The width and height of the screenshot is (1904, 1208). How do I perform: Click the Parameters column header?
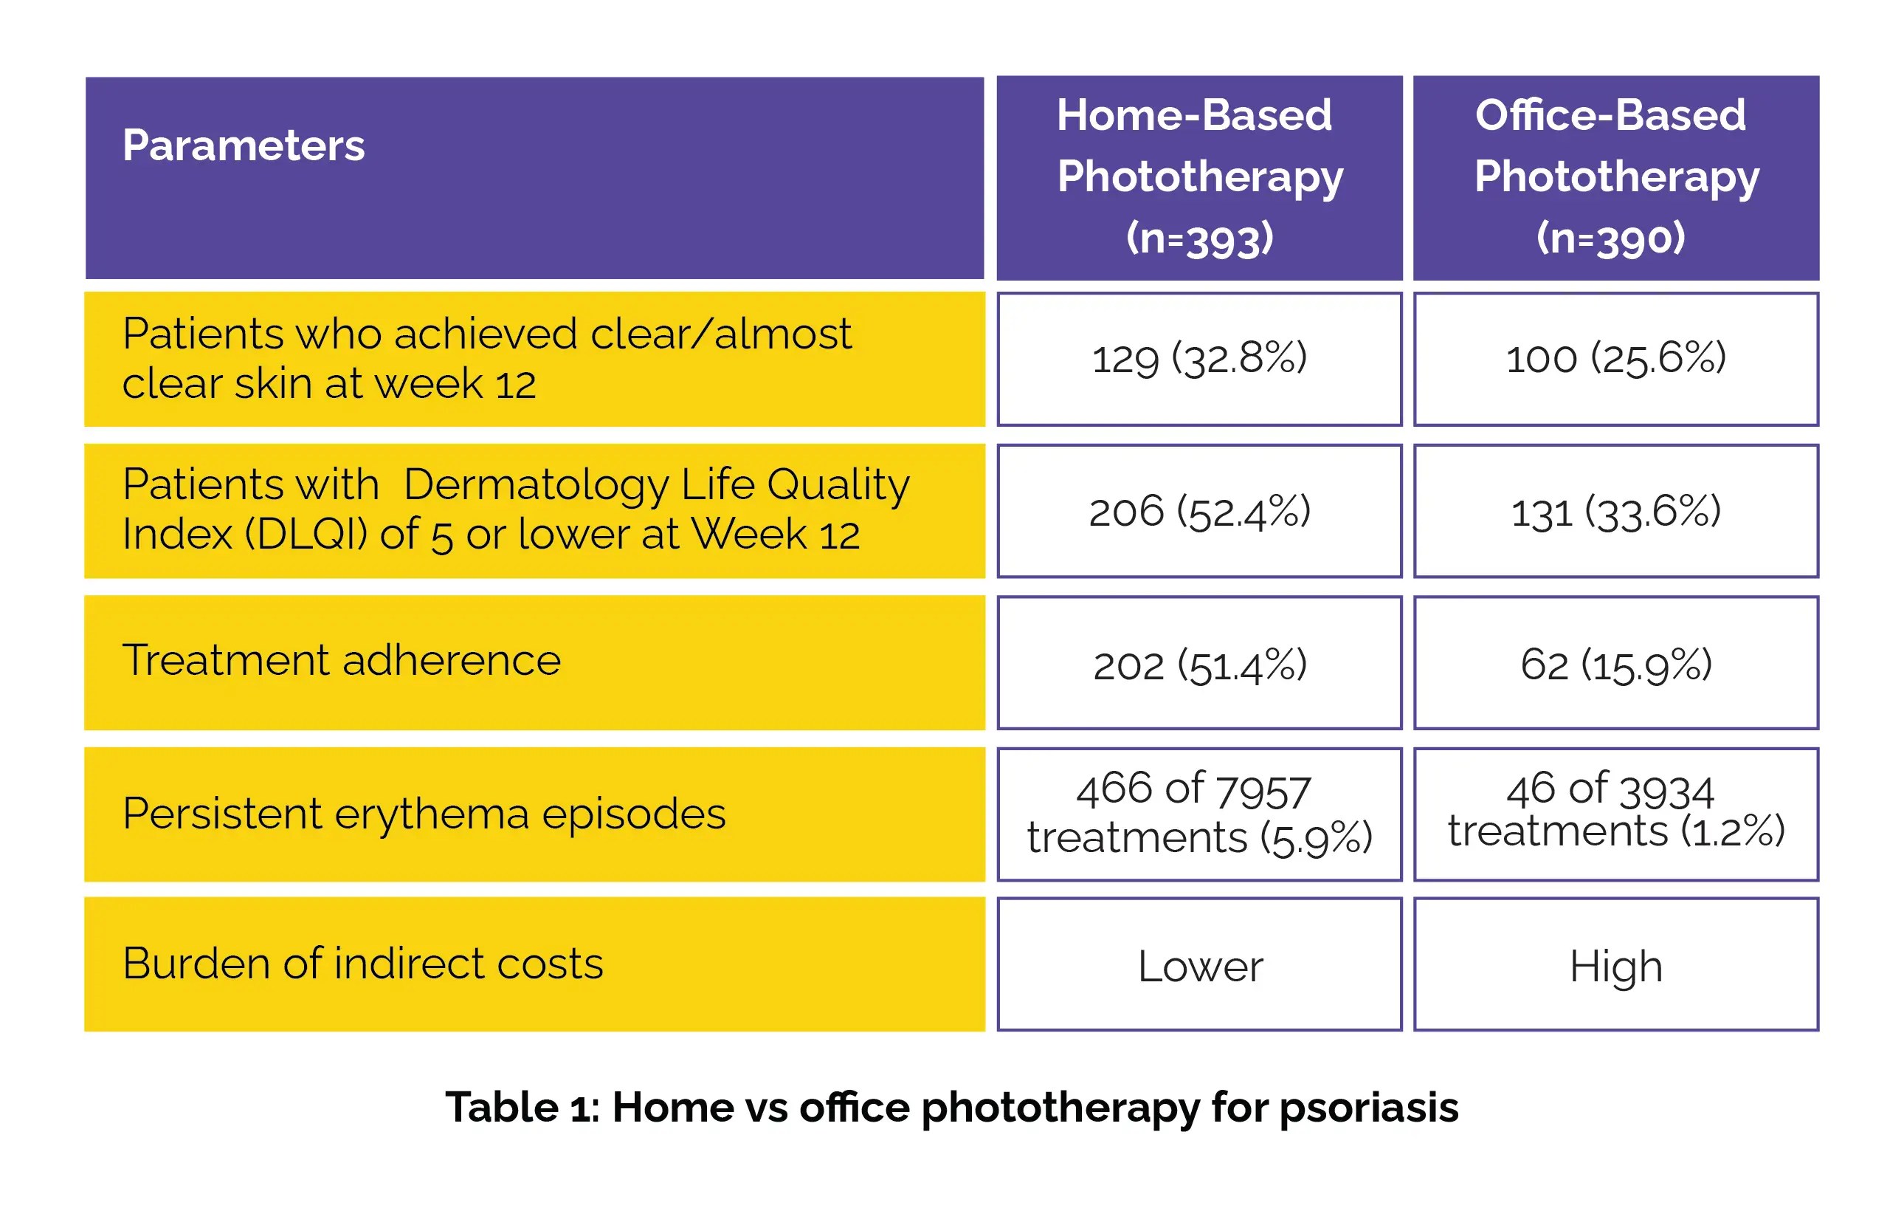click(244, 146)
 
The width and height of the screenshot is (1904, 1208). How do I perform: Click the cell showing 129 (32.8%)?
click(1198, 358)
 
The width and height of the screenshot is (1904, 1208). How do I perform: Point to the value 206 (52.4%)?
click(1198, 511)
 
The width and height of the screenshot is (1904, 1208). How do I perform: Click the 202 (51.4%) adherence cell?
click(1198, 664)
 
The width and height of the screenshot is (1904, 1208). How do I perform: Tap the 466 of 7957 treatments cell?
click(1198, 814)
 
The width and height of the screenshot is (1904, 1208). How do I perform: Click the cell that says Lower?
click(1198, 966)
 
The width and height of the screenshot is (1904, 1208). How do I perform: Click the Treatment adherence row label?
click(341, 661)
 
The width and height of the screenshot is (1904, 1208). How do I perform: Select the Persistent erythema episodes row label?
click(424, 814)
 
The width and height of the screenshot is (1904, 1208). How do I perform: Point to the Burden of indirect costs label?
click(362, 964)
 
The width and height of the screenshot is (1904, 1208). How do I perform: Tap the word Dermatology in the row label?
click(537, 485)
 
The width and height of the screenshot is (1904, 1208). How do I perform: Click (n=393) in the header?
click(1198, 237)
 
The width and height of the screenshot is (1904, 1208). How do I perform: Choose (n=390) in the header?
click(1610, 237)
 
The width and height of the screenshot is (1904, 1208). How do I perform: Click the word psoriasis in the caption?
click(1368, 1108)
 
